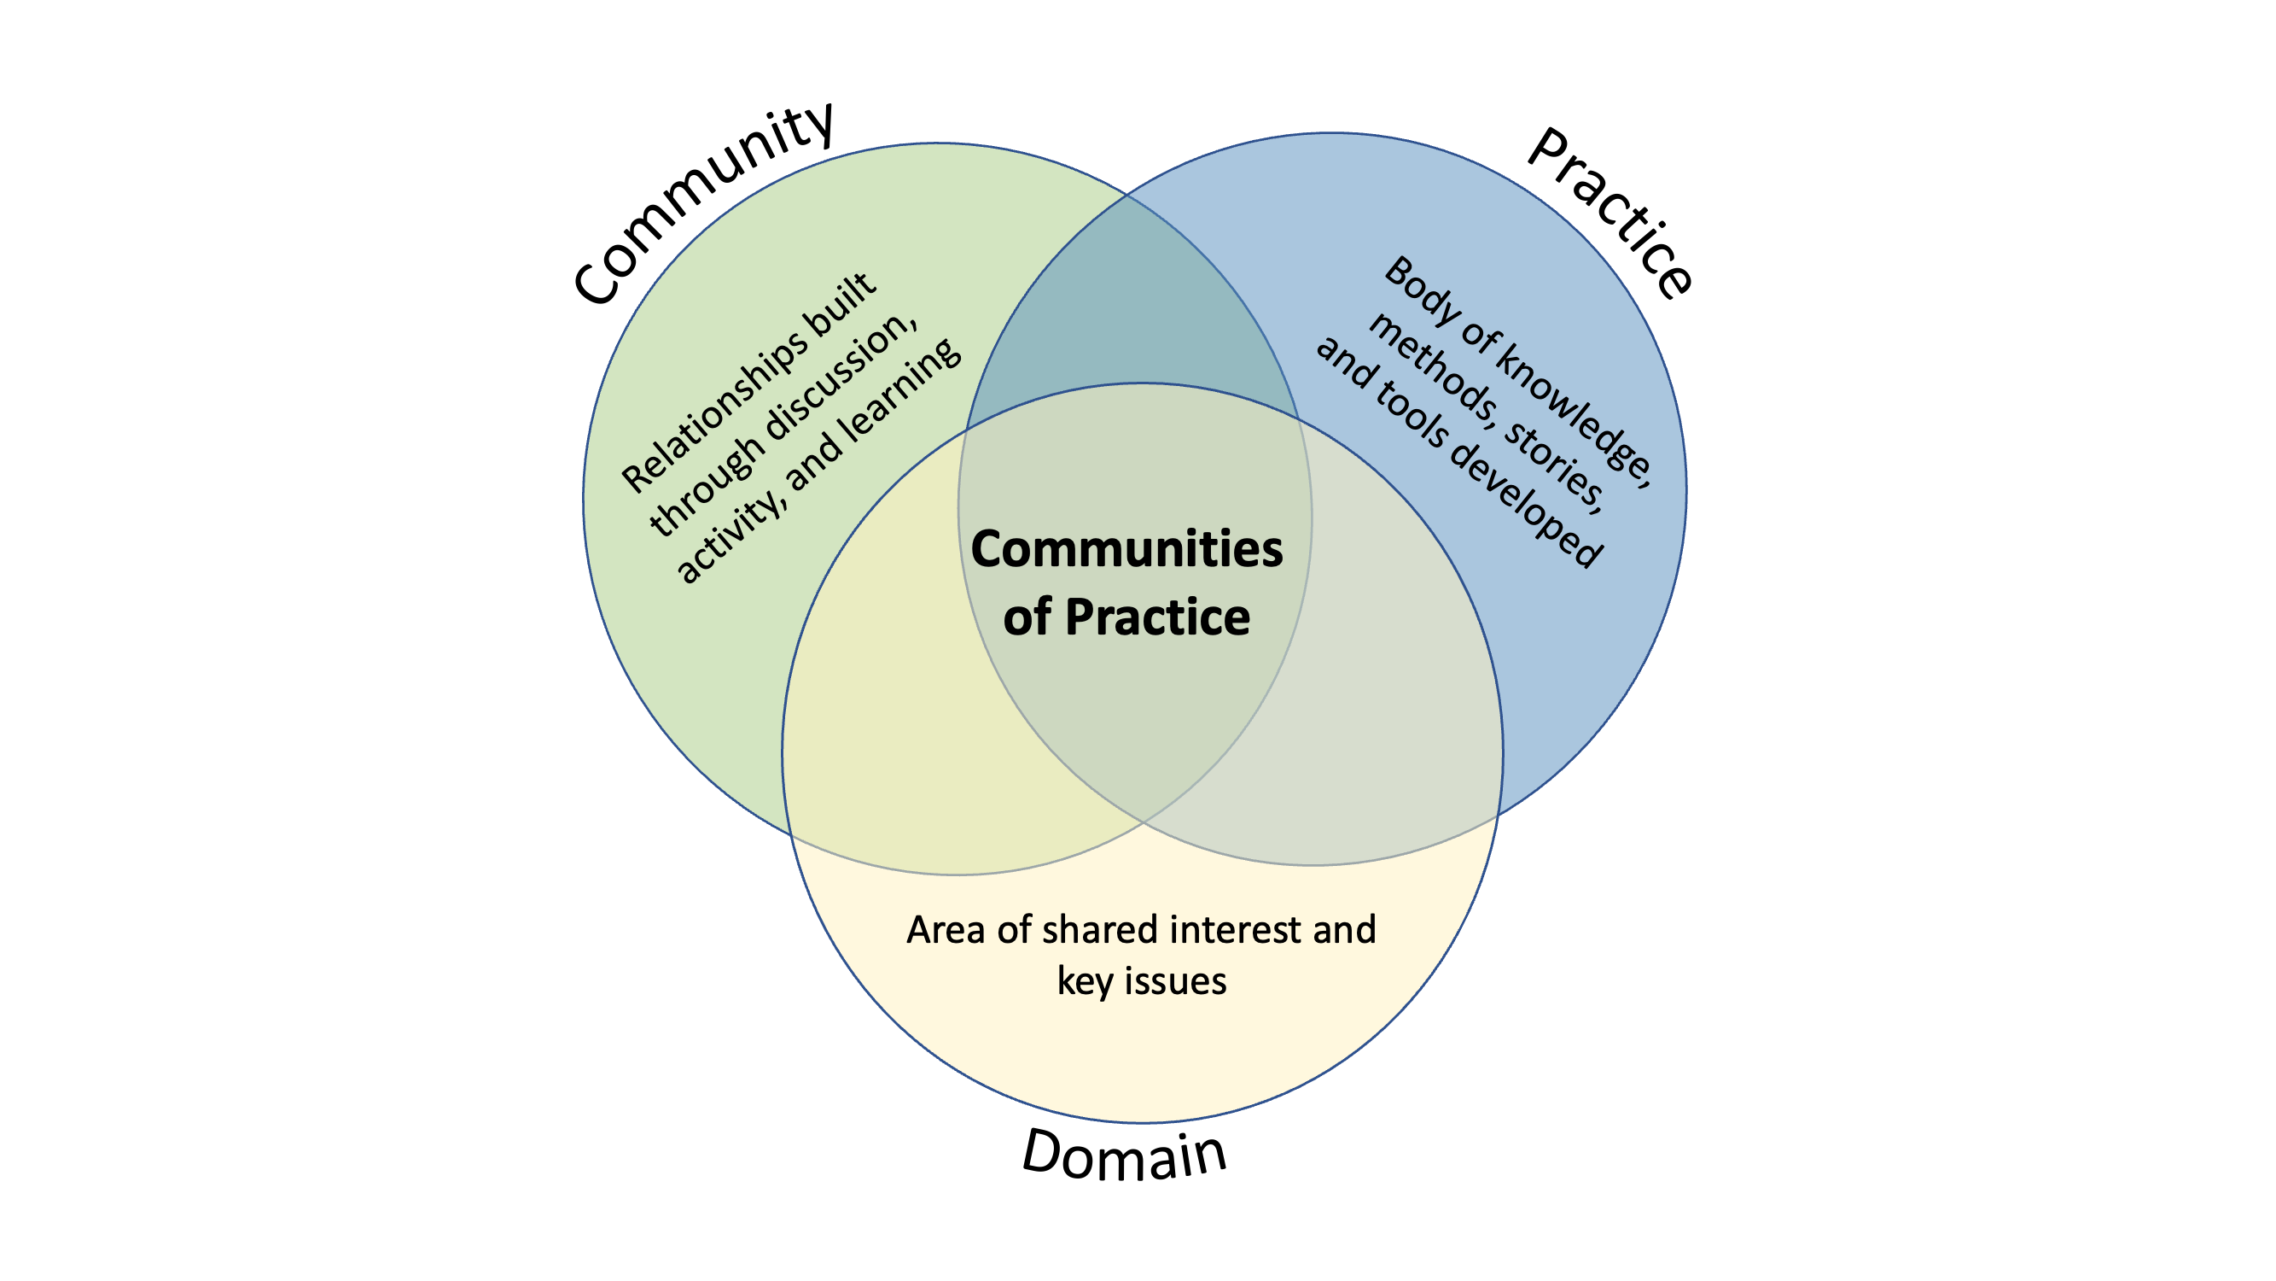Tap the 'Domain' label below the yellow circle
point(1124,1155)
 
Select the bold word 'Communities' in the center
point(1126,549)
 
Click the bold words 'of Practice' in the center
point(1126,617)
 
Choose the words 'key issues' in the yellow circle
point(1142,982)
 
